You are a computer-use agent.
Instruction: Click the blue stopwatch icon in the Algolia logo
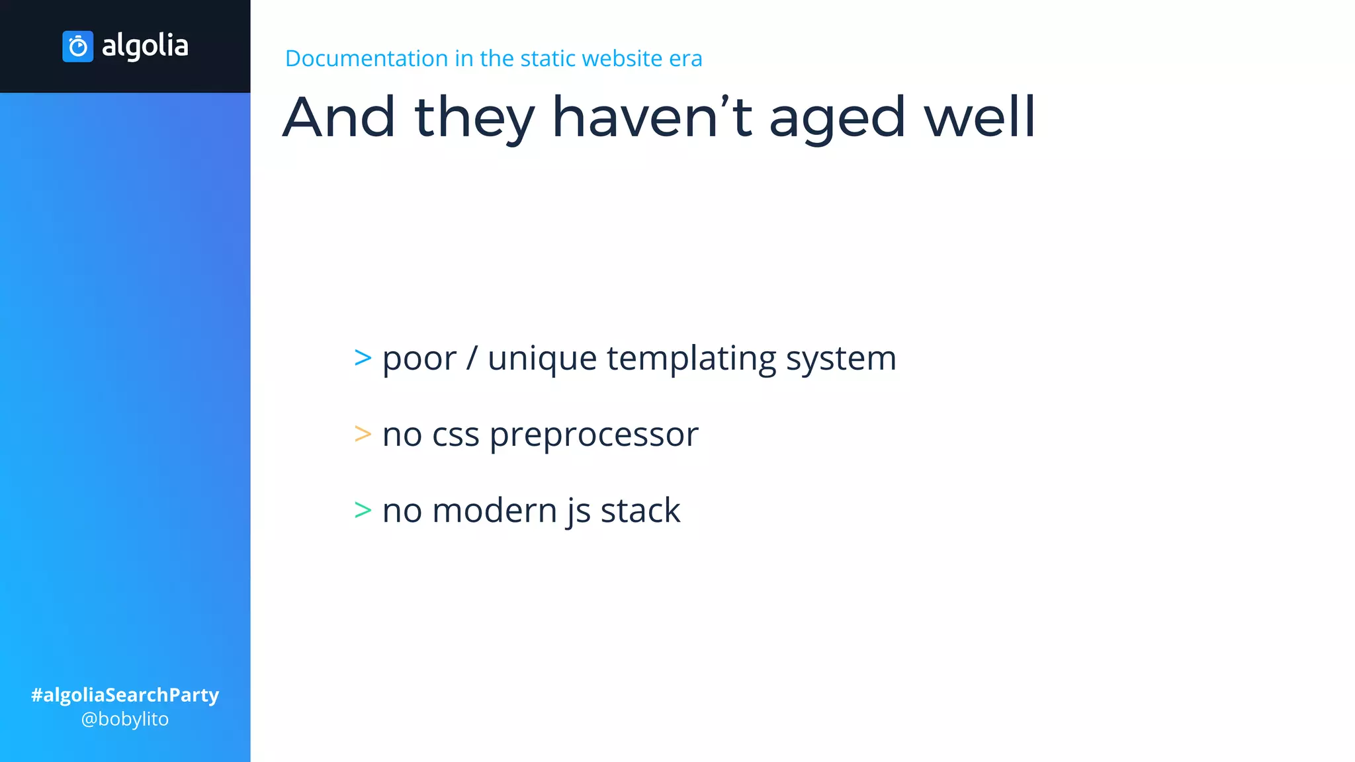click(x=77, y=46)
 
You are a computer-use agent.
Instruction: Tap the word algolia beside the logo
click(x=145, y=46)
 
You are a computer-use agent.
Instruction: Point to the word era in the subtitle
click(x=685, y=58)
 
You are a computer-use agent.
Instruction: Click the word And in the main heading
click(x=339, y=117)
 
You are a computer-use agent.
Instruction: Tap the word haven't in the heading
click(x=652, y=117)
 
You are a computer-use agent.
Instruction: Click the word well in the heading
click(x=979, y=117)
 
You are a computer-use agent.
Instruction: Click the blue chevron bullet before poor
click(x=363, y=358)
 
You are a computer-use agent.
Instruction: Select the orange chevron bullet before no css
click(x=363, y=434)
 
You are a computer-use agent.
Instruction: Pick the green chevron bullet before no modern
click(x=363, y=510)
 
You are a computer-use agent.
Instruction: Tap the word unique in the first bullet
click(x=542, y=359)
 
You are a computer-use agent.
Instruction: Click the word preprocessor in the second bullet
click(x=593, y=435)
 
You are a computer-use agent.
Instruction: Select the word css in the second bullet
click(x=455, y=435)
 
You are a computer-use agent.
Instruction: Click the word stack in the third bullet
click(x=640, y=511)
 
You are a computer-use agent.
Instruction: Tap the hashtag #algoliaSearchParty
click(x=125, y=695)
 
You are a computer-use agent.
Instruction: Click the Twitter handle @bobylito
click(x=125, y=719)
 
